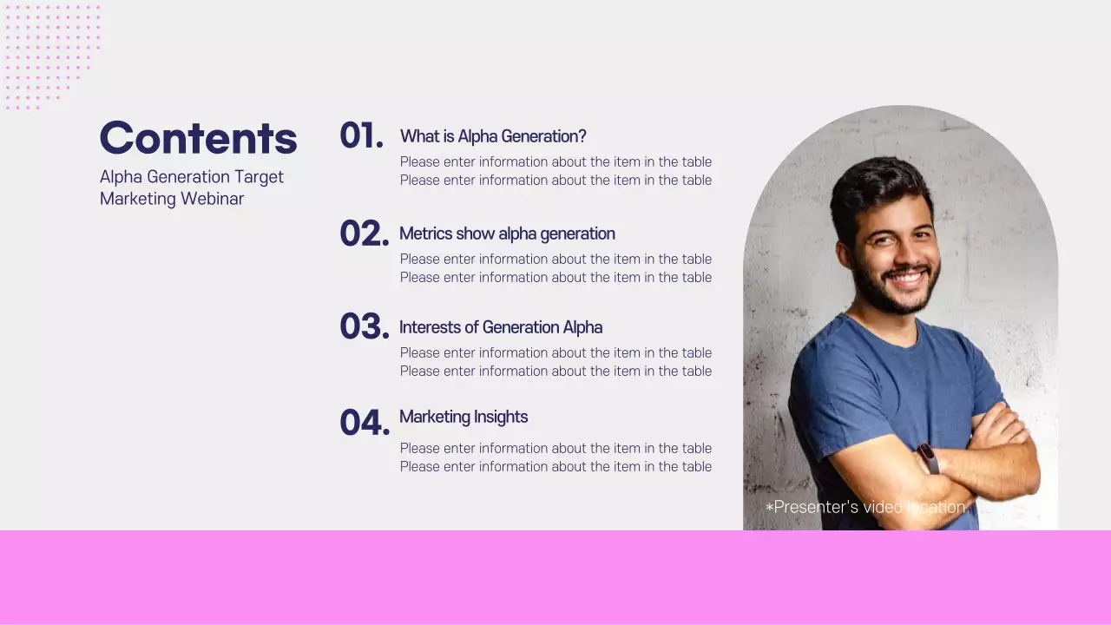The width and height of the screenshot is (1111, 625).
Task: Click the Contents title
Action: pos(198,138)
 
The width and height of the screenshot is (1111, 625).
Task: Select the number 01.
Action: pos(361,136)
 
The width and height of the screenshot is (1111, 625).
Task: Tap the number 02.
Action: pos(364,234)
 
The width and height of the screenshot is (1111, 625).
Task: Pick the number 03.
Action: pos(364,327)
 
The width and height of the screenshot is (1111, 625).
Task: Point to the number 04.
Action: pos(364,423)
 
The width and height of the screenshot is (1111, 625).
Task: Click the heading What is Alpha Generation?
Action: pos(492,136)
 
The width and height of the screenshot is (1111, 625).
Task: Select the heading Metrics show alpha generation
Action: pos(507,234)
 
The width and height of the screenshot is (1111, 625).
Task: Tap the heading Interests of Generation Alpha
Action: pos(500,327)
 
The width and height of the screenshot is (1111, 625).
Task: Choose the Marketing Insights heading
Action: pos(463,417)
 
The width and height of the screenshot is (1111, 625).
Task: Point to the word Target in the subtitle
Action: pos(259,177)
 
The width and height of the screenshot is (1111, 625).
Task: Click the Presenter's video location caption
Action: pos(864,507)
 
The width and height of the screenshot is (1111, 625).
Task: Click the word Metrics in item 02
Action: pos(425,234)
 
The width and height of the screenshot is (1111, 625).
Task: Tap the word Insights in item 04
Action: pos(501,417)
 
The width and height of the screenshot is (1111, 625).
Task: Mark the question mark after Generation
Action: pos(582,136)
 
